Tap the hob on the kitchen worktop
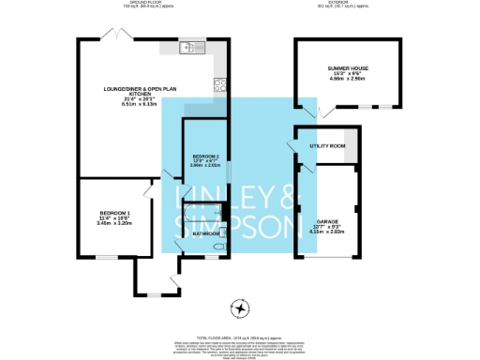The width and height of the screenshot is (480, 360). [x=220, y=84]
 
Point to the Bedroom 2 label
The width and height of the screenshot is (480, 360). [x=205, y=160]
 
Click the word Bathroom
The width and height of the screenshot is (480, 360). [x=205, y=232]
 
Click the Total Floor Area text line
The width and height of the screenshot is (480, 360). [x=240, y=336]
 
